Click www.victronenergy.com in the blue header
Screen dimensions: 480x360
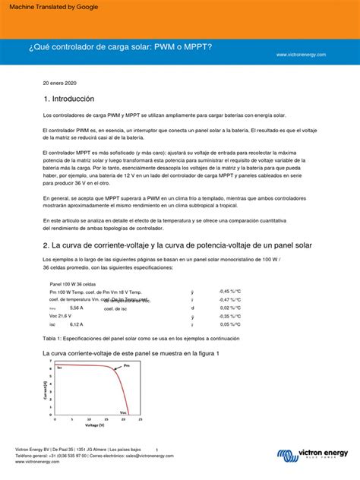[301, 55]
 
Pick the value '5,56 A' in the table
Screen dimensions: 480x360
[77, 308]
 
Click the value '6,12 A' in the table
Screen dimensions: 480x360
[77, 324]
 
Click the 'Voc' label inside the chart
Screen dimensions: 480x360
[123, 412]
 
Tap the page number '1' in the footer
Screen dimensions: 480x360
[156, 449]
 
